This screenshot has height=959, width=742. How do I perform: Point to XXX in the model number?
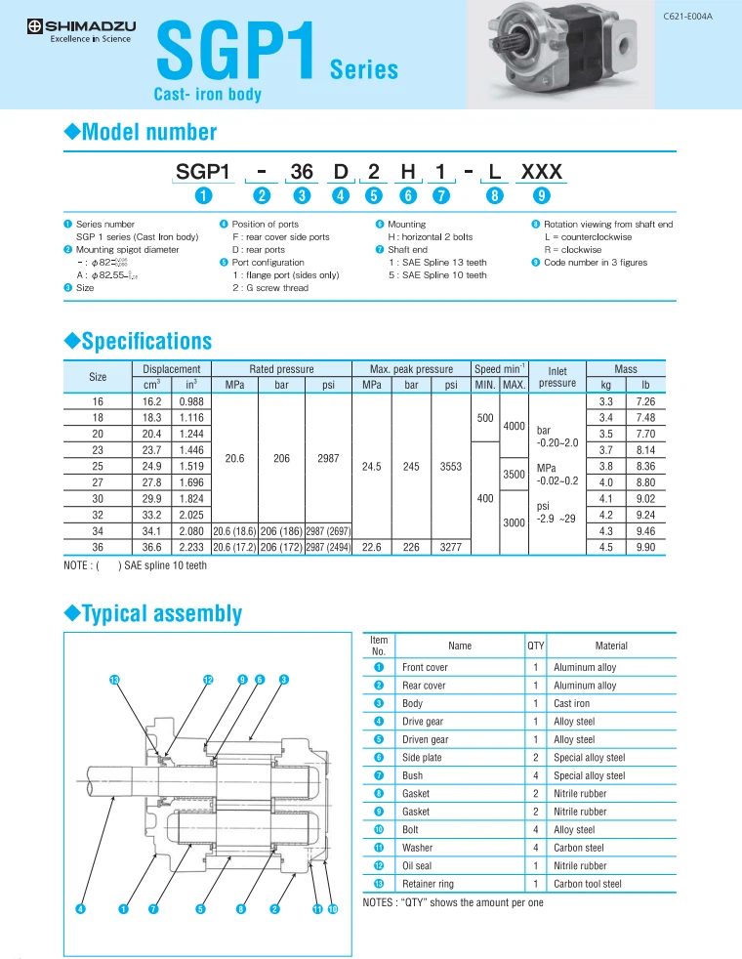[x=542, y=172]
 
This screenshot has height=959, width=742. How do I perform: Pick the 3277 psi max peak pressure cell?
[x=451, y=548]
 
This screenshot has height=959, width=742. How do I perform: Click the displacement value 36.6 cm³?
[x=151, y=548]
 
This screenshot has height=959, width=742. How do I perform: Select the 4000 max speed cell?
[x=515, y=426]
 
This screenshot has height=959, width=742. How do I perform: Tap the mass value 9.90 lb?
[x=645, y=548]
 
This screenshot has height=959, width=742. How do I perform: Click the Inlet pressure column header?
[x=557, y=377]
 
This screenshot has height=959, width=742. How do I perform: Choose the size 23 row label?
[x=98, y=450]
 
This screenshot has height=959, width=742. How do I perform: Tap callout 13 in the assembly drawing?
[x=114, y=679]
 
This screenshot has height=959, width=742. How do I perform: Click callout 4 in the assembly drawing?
[x=82, y=909]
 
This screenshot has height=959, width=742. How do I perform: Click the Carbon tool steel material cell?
[x=587, y=884]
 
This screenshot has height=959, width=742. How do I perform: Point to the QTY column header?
[x=535, y=646]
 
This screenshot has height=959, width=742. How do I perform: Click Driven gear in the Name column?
[x=425, y=739]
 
